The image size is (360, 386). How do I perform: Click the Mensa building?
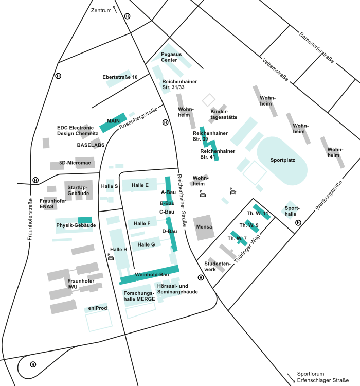pos(204,227)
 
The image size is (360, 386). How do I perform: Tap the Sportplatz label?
pos(282,160)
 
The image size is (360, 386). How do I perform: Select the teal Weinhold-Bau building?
pos(149,275)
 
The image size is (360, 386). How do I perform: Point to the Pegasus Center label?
pos(171,57)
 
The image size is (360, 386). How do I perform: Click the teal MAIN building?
pos(113,121)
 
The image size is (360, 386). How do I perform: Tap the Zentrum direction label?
pos(101,10)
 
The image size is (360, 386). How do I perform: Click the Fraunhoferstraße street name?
pos(30,212)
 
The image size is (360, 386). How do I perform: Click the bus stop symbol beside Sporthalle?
pos(298,223)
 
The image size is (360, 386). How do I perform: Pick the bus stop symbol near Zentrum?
pos(128,16)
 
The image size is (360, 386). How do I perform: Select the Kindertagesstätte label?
pos(224,114)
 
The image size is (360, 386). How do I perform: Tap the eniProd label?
pos(97,308)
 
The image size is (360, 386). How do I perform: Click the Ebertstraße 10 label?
pos(120,77)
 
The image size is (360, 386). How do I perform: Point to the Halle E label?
pos(140,185)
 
